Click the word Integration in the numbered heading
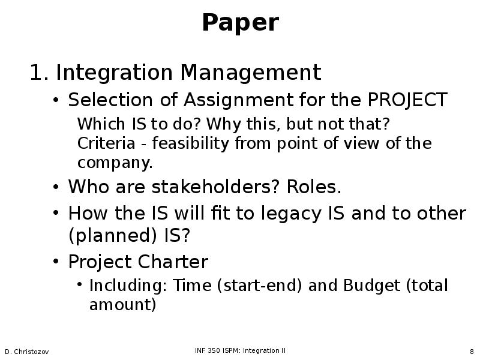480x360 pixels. tap(114, 73)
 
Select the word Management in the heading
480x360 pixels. tap(251, 73)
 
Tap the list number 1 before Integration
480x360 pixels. tap(39, 73)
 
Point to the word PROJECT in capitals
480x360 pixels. tap(407, 100)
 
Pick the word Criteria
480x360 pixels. tap(106, 143)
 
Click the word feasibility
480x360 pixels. tap(190, 143)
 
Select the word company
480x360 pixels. tap(115, 163)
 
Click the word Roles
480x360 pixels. tap(314, 187)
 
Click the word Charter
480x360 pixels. tap(173, 262)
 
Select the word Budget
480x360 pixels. tap(371, 286)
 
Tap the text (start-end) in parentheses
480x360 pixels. tap(260, 286)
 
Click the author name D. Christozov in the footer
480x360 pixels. tap(26, 352)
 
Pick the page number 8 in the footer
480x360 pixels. tap(472, 352)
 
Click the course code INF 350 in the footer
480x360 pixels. tap(208, 350)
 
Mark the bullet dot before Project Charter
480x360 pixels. tap(55, 262)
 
